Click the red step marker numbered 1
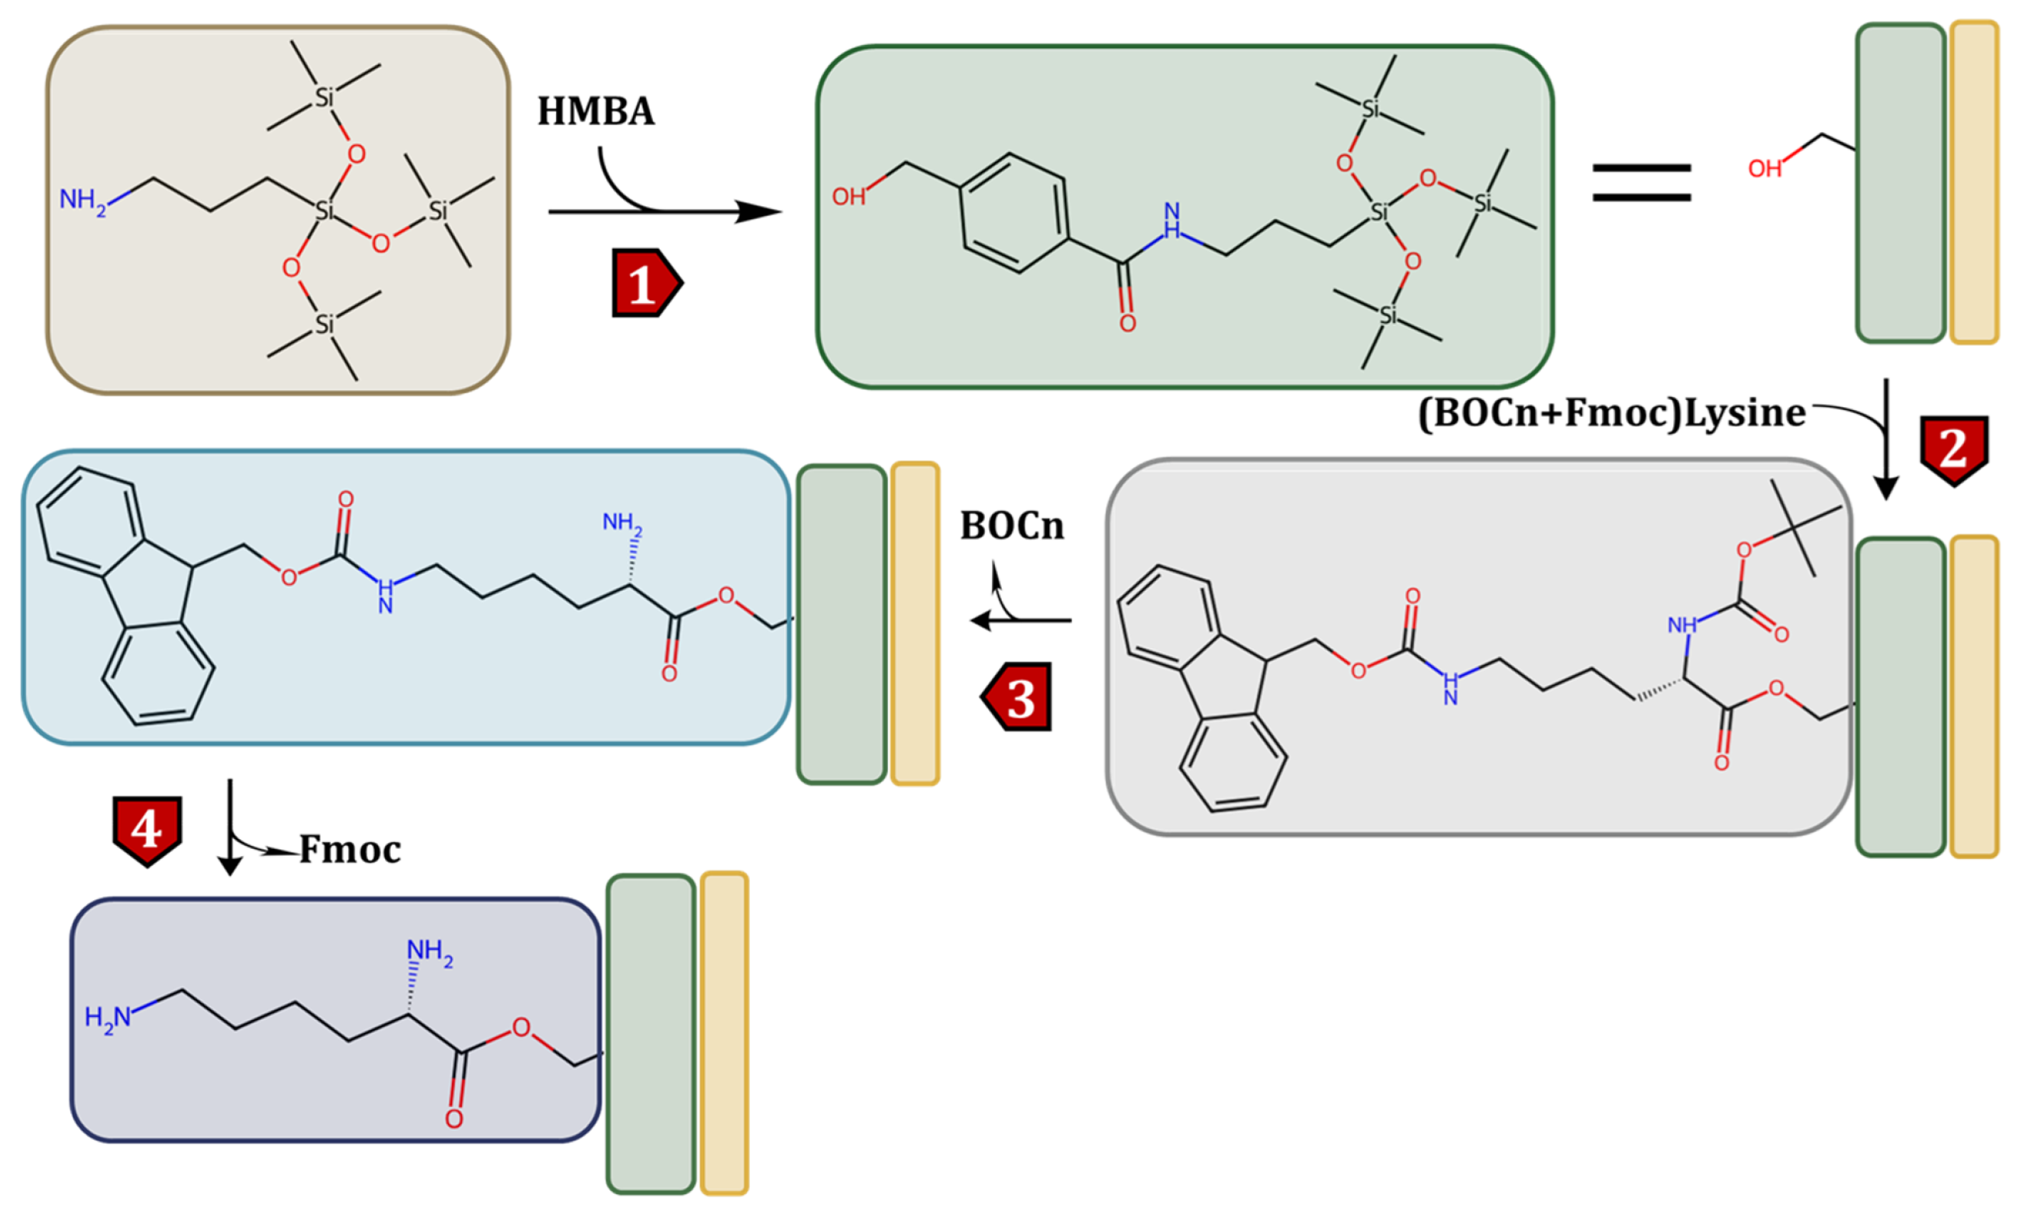(x=645, y=283)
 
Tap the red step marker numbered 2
(x=1953, y=449)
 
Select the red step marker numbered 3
(x=1018, y=697)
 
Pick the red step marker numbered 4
(x=147, y=829)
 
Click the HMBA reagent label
(x=596, y=111)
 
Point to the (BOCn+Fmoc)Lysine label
(x=1611, y=412)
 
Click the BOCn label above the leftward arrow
(x=1012, y=526)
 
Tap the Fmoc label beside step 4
(x=350, y=850)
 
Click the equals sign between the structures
(x=1641, y=182)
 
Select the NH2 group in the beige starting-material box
(x=82, y=200)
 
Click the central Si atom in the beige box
(x=325, y=211)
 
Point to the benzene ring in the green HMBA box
(x=1014, y=213)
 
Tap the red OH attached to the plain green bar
(x=1765, y=169)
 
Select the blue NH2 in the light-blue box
(x=622, y=522)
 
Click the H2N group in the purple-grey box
(x=108, y=1018)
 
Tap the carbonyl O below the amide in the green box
(x=1127, y=323)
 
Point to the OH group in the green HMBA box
(x=848, y=197)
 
